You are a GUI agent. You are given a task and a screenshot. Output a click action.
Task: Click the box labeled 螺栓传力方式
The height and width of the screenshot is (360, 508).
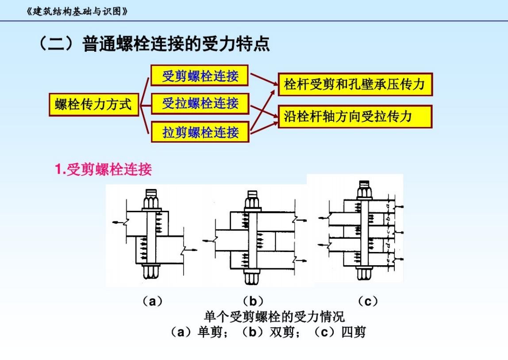93,105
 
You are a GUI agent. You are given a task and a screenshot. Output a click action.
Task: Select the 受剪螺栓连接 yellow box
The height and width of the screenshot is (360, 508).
200,76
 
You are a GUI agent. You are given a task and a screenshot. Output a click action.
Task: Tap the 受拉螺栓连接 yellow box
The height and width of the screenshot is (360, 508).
200,104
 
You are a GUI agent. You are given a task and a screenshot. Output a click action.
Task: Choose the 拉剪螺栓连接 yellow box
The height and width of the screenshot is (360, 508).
200,132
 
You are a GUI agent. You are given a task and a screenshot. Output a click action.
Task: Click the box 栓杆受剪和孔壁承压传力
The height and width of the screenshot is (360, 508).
355,85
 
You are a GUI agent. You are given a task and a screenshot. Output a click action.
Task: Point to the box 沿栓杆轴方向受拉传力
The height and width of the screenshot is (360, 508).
355,116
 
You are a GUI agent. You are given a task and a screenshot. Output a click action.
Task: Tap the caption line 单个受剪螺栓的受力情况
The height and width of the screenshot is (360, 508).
274,317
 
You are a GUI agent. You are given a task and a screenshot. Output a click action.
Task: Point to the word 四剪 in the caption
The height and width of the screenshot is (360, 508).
354,332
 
